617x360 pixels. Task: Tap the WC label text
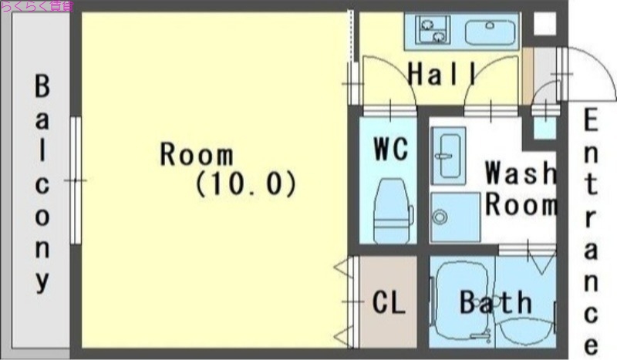[x=390, y=149]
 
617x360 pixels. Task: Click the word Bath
[x=496, y=302]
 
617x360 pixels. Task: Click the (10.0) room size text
[x=246, y=184]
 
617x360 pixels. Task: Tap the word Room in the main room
[x=196, y=154]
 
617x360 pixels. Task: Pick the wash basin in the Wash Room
[x=448, y=154]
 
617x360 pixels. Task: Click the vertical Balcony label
[x=42, y=183]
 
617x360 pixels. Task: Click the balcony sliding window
[x=75, y=180]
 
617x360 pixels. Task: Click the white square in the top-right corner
[x=544, y=24]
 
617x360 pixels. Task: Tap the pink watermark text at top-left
[x=37, y=6]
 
